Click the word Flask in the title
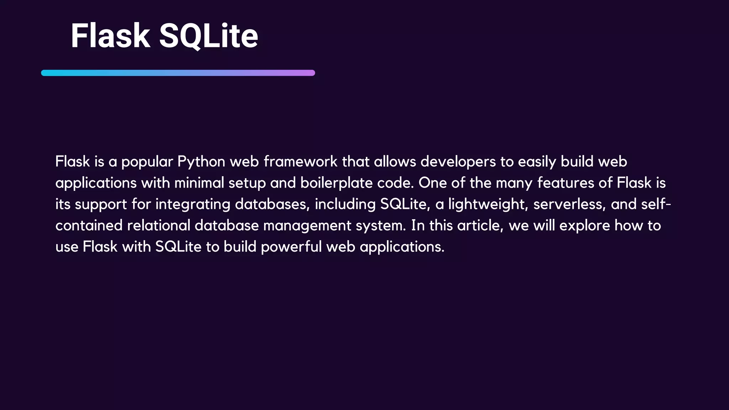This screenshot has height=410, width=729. (110, 36)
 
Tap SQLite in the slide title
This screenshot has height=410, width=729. (208, 36)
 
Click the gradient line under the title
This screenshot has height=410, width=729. (178, 73)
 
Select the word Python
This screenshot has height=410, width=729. (201, 162)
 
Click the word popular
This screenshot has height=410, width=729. (147, 162)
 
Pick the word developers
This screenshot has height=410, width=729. (458, 162)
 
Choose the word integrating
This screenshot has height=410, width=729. (193, 204)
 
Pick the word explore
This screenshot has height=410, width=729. (584, 226)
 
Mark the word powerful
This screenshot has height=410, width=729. (291, 247)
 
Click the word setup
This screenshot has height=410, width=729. (247, 183)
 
